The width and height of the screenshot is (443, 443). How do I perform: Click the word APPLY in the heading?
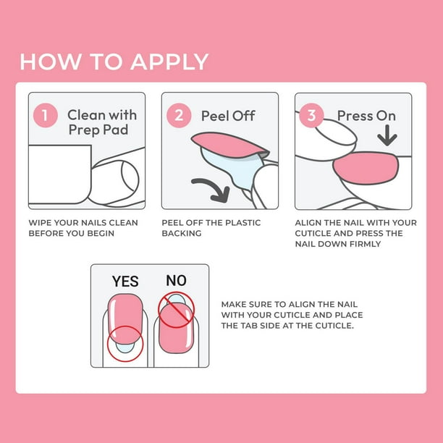[x=169, y=62]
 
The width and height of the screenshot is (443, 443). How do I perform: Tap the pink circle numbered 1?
[x=45, y=115]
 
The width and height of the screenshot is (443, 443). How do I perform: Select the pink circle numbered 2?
[x=179, y=115]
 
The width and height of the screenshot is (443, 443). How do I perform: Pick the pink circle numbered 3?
[x=311, y=115]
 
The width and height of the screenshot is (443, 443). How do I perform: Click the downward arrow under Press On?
[x=387, y=135]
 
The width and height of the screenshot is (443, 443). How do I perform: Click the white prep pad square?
[x=60, y=174]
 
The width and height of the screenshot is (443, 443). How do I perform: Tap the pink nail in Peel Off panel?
[x=228, y=145]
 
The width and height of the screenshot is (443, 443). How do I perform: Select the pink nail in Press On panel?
[x=366, y=168]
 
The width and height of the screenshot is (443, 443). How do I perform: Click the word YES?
[x=125, y=282]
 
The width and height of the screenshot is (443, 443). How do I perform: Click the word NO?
[x=176, y=281]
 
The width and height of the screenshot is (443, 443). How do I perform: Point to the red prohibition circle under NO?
[x=176, y=310]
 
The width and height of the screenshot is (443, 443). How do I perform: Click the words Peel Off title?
[x=228, y=116]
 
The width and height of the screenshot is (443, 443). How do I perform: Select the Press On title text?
[x=366, y=116]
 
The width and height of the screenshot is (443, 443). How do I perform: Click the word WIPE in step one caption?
[x=40, y=223]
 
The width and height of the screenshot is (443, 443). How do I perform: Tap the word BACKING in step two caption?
[x=182, y=233]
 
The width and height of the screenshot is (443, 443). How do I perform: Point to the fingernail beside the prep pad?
[x=130, y=177]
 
